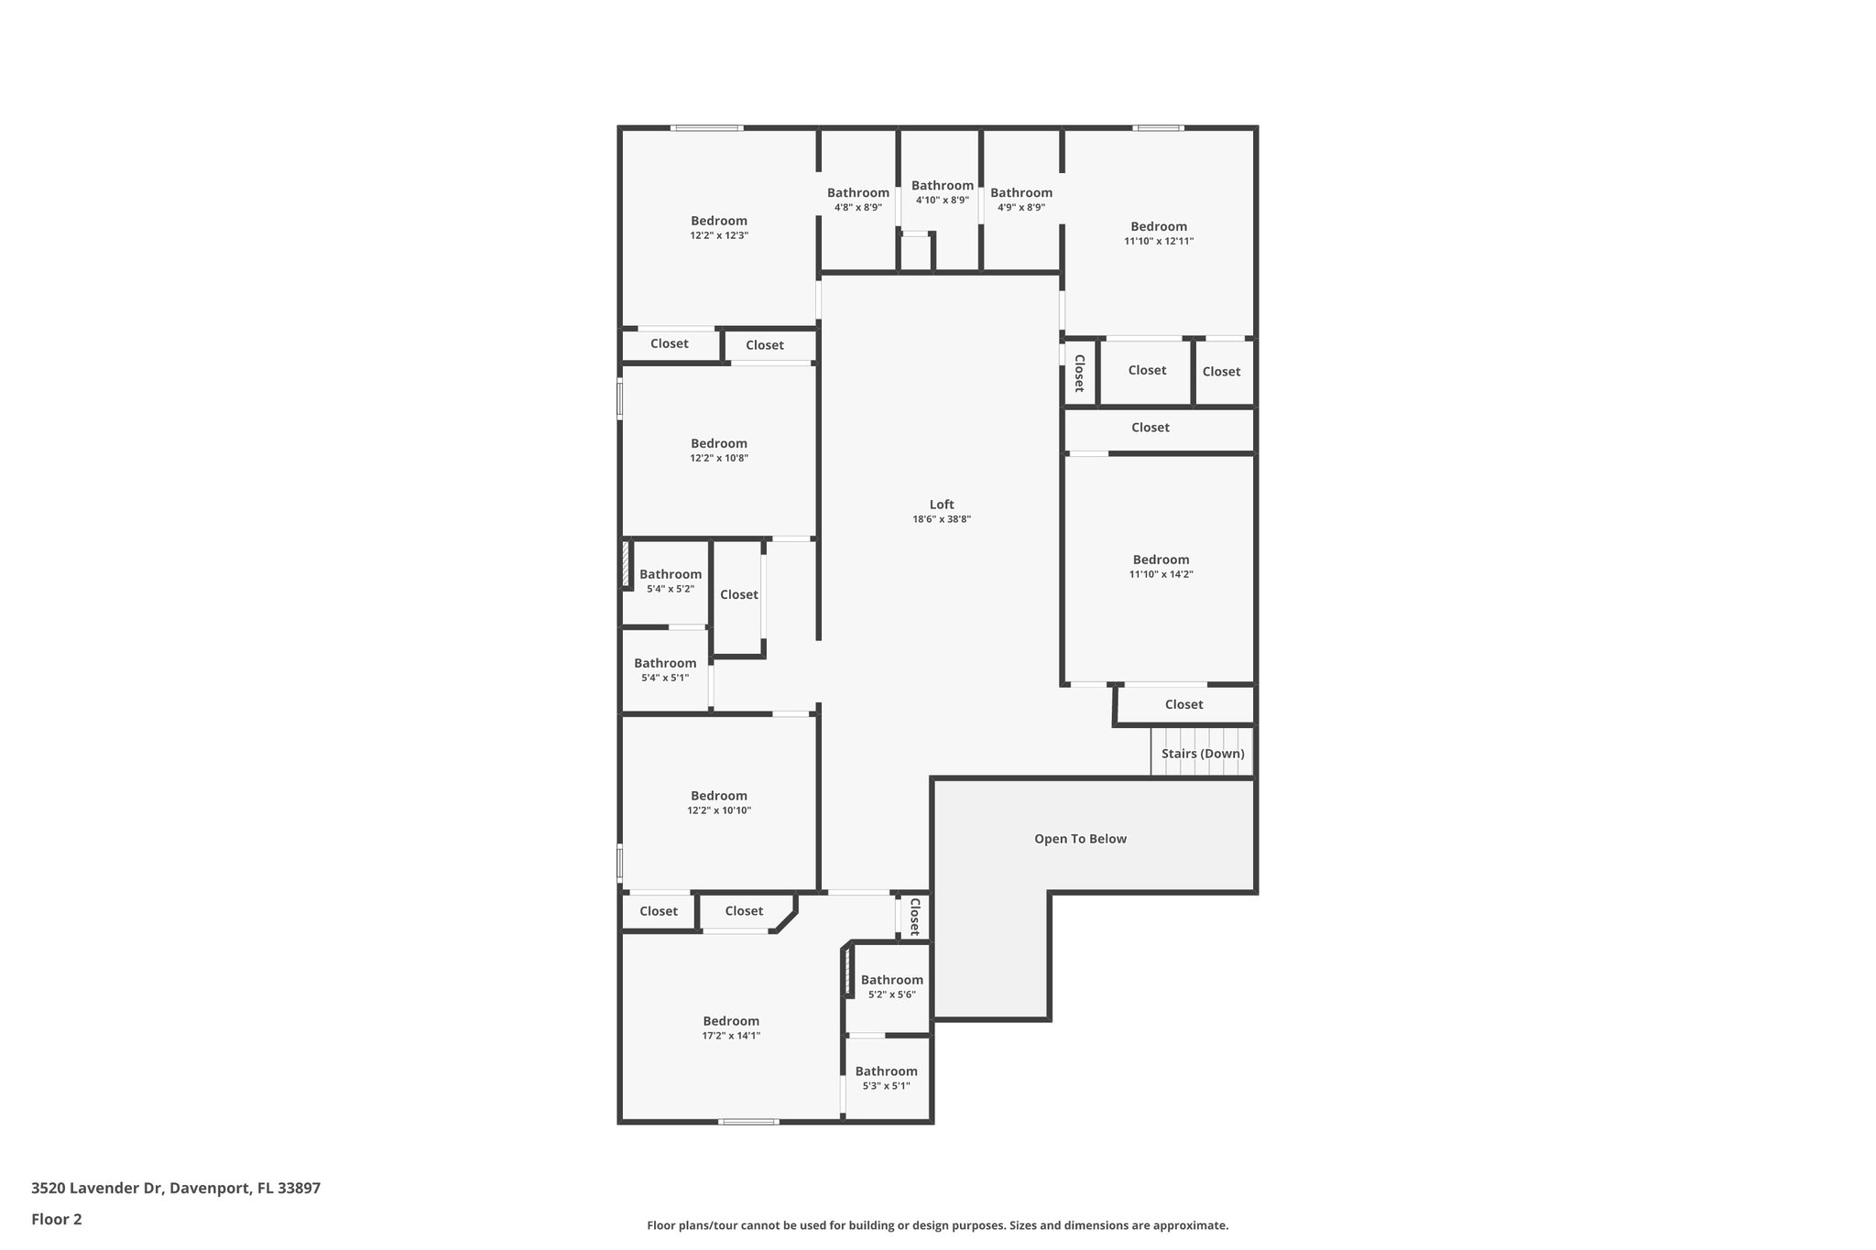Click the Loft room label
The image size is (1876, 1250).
tap(942, 505)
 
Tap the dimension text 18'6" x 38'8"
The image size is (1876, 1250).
tap(942, 519)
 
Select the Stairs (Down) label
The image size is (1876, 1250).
tap(1203, 754)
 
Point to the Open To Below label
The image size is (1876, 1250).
tap(1080, 839)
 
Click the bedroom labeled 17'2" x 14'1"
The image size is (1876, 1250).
tap(731, 1027)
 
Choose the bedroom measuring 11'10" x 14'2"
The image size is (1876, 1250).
tap(1161, 566)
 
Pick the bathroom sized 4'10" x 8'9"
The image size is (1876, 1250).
tap(942, 191)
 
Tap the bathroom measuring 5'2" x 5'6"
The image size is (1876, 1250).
tap(891, 986)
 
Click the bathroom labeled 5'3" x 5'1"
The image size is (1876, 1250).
tap(886, 1078)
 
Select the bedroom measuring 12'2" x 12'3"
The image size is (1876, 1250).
tap(719, 227)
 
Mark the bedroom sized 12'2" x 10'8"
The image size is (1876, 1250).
tap(719, 450)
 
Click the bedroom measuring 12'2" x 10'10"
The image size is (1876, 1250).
tap(719, 802)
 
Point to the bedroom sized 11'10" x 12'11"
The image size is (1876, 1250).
tap(1159, 233)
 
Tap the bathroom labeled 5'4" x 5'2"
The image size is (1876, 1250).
tap(671, 581)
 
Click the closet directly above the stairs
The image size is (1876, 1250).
tap(1183, 704)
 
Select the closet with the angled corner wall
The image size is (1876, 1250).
tap(744, 911)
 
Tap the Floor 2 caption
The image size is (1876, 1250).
tap(57, 1219)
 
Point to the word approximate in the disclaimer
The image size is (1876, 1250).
tap(1189, 1225)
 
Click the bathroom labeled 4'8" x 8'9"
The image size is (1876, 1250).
tap(858, 199)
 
